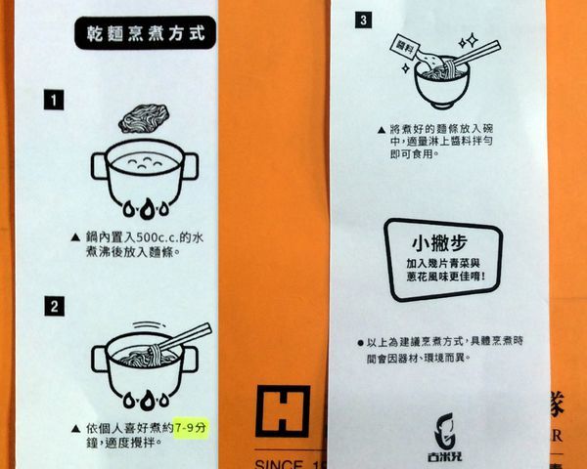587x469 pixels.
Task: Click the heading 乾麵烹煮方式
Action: coord(146,33)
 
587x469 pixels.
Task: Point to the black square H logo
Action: coord(282,410)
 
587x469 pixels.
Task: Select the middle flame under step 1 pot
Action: coord(145,209)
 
